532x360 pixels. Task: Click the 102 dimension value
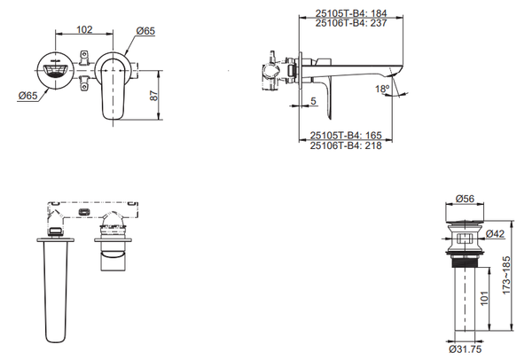point(84,29)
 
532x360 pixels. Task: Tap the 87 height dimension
point(154,96)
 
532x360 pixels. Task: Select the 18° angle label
point(382,90)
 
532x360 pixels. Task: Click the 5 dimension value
point(313,101)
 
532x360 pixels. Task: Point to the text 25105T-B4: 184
point(351,13)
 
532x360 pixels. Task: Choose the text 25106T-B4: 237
point(351,23)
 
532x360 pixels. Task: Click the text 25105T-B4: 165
point(346,136)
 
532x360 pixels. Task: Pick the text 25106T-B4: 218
point(346,145)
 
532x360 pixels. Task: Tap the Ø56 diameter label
point(465,199)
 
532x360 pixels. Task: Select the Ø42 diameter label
point(495,234)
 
